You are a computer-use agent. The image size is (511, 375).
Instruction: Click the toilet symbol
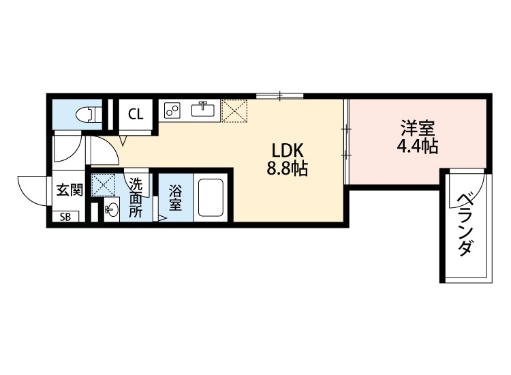(88, 115)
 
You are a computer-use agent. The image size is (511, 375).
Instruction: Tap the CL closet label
(136, 114)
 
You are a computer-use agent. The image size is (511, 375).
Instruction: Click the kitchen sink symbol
(203, 109)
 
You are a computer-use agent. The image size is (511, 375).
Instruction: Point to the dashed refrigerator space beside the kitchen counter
(234, 111)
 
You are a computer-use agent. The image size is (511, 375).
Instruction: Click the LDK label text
(288, 151)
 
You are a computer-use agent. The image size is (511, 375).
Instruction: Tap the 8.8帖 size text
(288, 168)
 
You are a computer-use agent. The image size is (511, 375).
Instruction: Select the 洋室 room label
(418, 128)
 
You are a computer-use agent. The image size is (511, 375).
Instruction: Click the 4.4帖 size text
(418, 146)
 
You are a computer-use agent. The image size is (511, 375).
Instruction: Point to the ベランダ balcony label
(465, 225)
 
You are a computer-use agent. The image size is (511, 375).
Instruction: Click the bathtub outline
(211, 198)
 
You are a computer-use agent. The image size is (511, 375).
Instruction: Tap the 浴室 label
(174, 198)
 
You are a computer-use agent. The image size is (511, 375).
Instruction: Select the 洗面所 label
(136, 198)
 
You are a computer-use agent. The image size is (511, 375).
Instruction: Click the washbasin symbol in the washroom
(112, 210)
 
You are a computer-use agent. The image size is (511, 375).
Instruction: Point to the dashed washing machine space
(104, 185)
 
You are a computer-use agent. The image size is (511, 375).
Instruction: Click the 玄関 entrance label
(69, 190)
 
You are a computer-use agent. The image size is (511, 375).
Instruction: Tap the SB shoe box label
(65, 217)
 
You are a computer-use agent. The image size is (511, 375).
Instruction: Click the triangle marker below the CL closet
(123, 140)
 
